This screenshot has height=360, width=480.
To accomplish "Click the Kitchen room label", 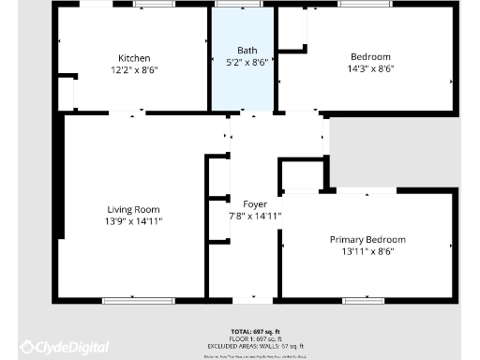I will tap(134, 57).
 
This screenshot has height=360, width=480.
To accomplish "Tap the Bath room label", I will tap(247, 51).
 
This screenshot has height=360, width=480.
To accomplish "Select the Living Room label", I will tap(133, 210).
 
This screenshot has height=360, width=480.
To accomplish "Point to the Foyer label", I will tap(255, 204).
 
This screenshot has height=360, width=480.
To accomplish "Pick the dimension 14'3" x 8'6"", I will tap(370, 68).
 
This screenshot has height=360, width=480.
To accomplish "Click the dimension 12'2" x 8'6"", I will tap(134, 68).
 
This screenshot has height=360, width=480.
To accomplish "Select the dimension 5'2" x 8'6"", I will tap(247, 62).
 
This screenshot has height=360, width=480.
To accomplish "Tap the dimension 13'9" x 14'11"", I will tap(133, 221).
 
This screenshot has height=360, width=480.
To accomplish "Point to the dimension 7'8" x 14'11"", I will tap(256, 216).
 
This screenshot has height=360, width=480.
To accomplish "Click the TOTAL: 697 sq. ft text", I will tap(254, 332).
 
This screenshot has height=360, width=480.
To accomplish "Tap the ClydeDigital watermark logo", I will tap(65, 348).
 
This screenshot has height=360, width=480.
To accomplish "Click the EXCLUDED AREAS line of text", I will tap(254, 345).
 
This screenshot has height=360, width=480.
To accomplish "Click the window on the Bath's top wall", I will tap(238, 5).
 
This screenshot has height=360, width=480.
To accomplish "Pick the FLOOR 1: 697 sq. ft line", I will tap(254, 338).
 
